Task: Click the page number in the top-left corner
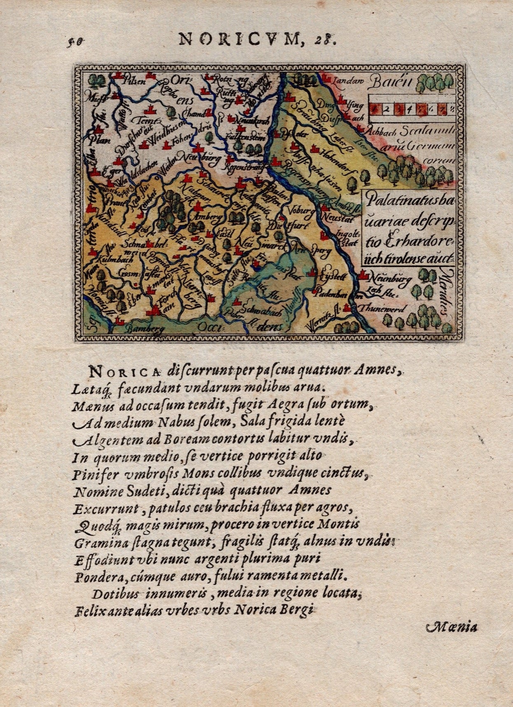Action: click(75, 41)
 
